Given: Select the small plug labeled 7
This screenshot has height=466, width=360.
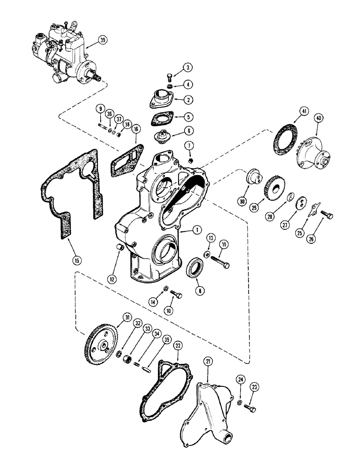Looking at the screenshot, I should click(x=190, y=161).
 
